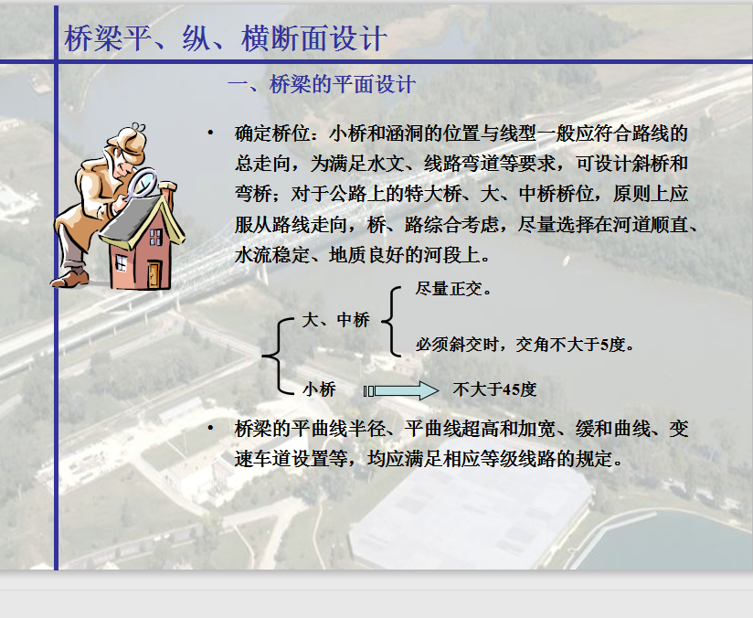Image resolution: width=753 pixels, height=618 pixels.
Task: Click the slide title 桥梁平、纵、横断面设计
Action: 225,38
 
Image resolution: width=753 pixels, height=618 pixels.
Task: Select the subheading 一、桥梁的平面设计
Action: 322,85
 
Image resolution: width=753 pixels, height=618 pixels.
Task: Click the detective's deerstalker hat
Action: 127,142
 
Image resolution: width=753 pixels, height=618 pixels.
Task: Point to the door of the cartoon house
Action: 154,274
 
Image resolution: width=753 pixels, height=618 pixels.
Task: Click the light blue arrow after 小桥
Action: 401,390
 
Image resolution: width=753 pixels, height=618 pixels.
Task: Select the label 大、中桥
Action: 335,320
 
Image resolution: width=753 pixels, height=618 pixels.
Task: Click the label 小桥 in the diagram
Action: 319,389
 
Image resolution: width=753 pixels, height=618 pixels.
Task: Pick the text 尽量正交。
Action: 453,288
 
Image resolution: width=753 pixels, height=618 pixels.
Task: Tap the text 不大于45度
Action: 494,389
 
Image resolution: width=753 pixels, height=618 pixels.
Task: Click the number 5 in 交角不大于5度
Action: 604,345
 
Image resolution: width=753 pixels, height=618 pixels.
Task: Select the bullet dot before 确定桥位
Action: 210,133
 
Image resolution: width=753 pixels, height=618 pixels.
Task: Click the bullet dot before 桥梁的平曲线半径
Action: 210,427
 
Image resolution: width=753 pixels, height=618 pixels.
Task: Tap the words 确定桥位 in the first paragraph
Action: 272,133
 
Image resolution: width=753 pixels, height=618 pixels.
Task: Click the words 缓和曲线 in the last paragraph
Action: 612,428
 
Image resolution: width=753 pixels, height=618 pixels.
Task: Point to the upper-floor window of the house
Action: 155,237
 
